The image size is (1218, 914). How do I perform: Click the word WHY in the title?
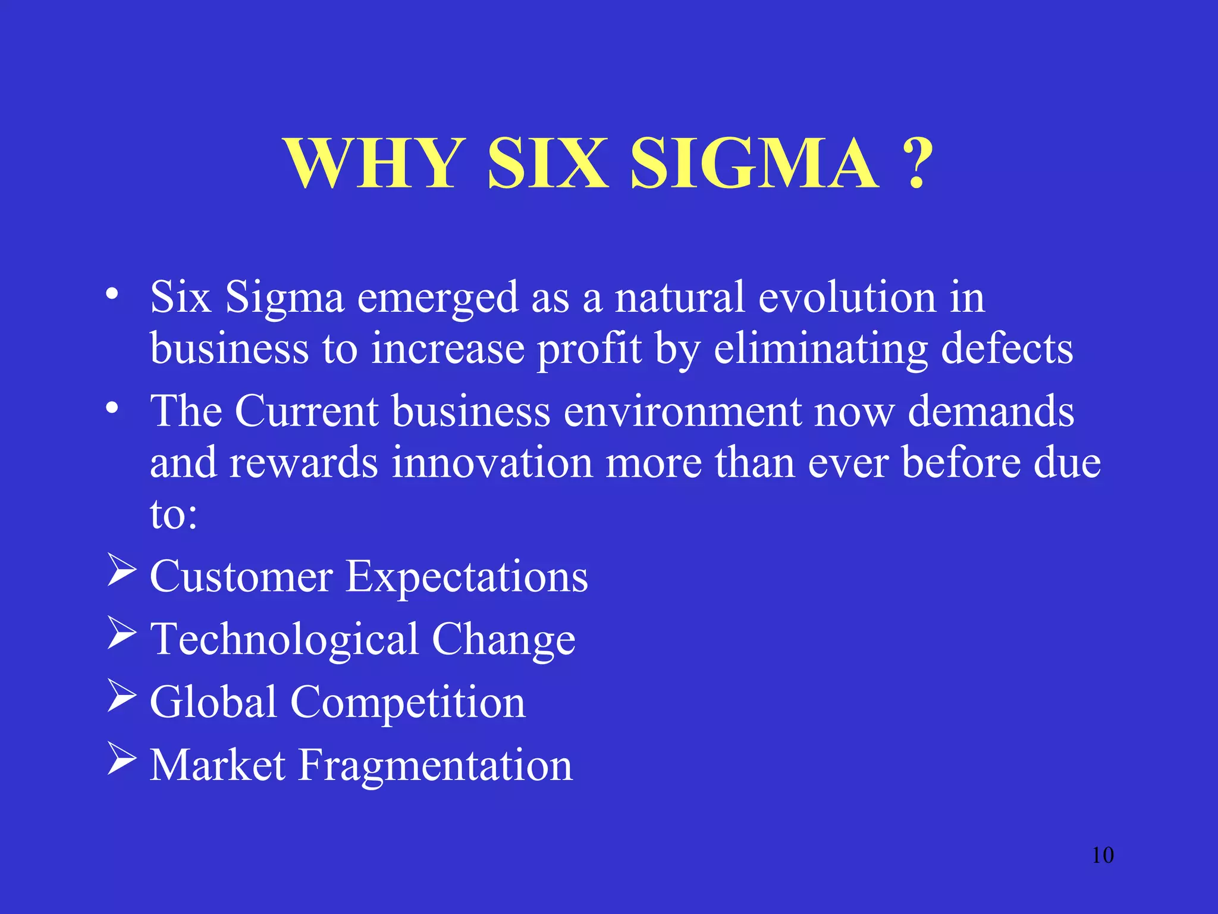pos(375,163)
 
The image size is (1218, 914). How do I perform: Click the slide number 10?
pos(1103,855)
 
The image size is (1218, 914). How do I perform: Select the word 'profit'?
pos(589,349)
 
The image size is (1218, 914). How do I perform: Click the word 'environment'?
pos(682,411)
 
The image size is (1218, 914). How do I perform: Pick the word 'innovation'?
pos(492,462)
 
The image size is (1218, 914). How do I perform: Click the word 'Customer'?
pos(241,577)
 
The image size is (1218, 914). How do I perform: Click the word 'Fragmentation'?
pos(435,765)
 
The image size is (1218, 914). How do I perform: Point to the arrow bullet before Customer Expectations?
pos(122,569)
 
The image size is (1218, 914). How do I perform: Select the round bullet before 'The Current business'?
pos(112,409)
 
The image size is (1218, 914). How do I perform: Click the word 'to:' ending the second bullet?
pos(173,514)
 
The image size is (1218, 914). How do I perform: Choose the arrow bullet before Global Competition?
pos(122,696)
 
